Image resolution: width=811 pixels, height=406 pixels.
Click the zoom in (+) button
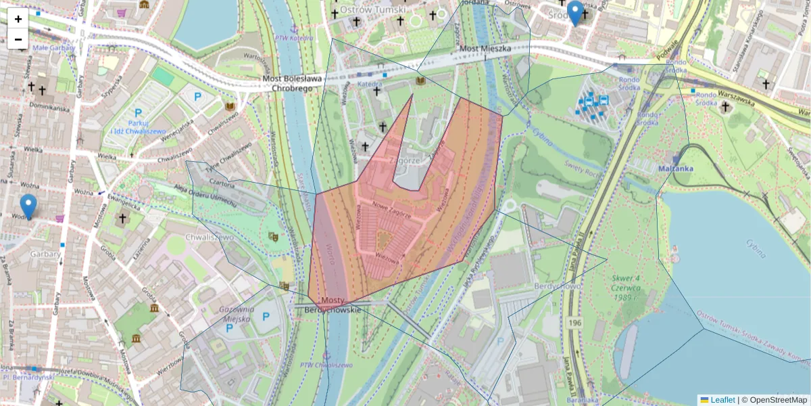point(18,18)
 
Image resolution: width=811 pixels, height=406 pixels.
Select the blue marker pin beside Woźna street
point(28,206)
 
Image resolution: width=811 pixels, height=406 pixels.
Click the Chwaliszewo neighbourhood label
point(210,238)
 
